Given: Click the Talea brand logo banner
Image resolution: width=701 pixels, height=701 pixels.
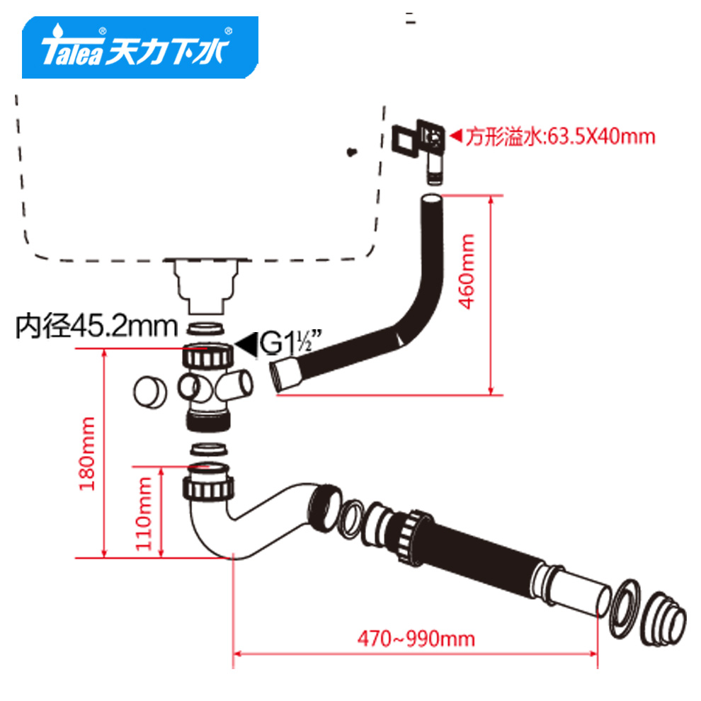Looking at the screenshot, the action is (x=140, y=47).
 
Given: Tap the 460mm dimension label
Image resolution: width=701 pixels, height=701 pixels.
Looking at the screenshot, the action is (x=467, y=271).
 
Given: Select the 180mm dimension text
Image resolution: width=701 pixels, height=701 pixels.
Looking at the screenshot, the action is (x=87, y=454).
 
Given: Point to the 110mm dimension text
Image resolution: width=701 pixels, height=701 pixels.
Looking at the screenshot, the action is (x=144, y=513).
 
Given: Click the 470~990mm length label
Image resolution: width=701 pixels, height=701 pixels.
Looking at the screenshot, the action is (x=416, y=639).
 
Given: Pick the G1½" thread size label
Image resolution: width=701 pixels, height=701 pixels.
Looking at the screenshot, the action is (x=290, y=343).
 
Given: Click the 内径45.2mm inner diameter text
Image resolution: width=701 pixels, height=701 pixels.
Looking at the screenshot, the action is (x=96, y=326).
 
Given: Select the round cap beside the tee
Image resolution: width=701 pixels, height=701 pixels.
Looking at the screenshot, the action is (x=150, y=392).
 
